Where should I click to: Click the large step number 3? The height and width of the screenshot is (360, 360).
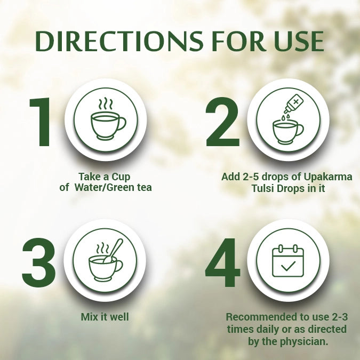click(x=39, y=262)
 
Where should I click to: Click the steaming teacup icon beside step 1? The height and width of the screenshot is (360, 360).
click(x=107, y=119)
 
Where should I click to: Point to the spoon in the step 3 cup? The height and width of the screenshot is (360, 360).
click(x=114, y=250)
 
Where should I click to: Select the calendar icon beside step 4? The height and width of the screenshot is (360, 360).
click(x=287, y=261)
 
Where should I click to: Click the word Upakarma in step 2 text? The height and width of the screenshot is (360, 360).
click(x=330, y=177)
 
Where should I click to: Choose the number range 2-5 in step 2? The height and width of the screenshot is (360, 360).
click(x=250, y=177)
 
